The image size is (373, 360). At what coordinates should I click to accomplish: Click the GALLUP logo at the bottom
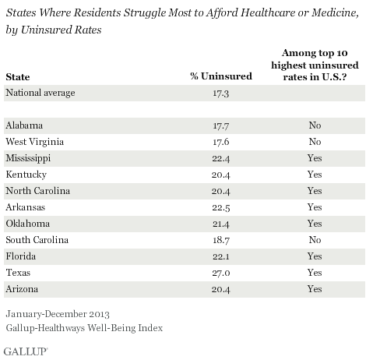click(x=26, y=351)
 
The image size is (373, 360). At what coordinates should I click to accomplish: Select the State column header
click(x=18, y=77)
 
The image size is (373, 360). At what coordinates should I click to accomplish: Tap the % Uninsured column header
click(x=221, y=76)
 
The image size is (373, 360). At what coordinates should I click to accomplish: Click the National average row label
click(x=40, y=93)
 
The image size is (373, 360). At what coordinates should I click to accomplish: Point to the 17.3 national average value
click(x=220, y=93)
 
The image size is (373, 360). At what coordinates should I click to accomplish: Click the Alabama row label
click(x=24, y=125)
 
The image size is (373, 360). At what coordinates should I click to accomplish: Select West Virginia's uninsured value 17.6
click(x=220, y=142)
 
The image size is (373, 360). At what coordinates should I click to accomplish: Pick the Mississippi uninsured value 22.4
click(x=220, y=158)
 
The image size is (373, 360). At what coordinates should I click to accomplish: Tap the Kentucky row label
click(x=26, y=175)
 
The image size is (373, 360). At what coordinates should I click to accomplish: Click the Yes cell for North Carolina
click(x=315, y=191)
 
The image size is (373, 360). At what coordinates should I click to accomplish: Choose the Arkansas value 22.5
click(x=220, y=207)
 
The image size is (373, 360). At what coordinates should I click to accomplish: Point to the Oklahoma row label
click(x=28, y=224)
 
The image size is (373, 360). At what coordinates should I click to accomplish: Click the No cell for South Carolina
click(x=315, y=240)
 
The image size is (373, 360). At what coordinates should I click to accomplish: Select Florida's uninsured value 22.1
click(x=220, y=256)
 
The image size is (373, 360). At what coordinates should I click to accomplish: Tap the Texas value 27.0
click(x=220, y=273)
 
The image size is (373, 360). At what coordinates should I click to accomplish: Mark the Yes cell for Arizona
click(x=315, y=289)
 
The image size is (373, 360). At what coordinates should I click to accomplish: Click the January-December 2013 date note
click(x=58, y=314)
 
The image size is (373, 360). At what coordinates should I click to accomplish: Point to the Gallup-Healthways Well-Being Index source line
click(x=84, y=328)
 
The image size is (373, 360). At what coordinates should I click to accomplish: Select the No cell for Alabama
click(x=315, y=125)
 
